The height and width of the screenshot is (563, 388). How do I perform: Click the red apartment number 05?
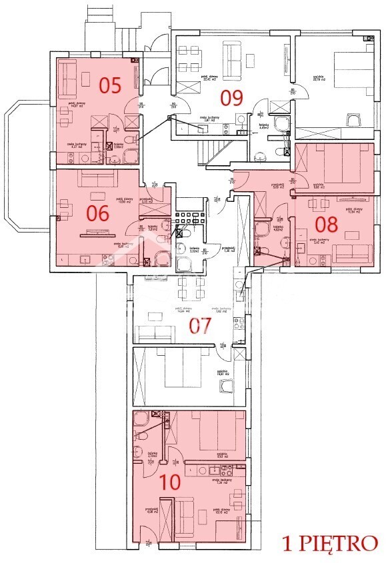pyautogui.click(x=110, y=85)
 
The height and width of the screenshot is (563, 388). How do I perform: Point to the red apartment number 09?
pyautogui.click(x=231, y=99)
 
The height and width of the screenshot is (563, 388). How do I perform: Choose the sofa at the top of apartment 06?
pyautogui.click(x=97, y=180)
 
